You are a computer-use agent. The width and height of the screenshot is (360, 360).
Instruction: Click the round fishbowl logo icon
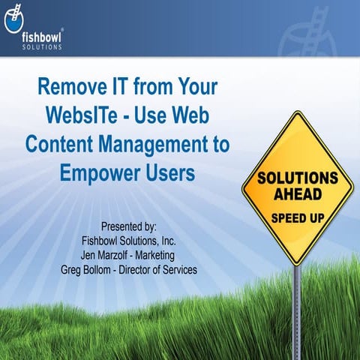coord(13,22)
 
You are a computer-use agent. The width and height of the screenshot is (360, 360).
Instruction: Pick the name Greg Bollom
coord(88,270)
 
